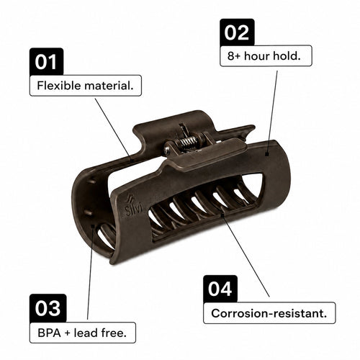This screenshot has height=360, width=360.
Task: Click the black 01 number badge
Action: coord(47,62)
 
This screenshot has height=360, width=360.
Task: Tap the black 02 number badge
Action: coord(237,32)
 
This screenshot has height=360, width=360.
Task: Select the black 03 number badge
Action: coord(48,308)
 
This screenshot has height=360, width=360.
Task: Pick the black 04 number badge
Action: coord(220,289)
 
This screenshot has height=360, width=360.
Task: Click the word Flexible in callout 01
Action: coord(59,86)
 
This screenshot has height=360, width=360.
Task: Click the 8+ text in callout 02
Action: coord(234,56)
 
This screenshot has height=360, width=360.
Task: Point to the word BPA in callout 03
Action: coord(49,333)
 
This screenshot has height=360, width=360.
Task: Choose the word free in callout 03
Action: coord(114,333)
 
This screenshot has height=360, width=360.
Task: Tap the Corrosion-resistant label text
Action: coord(269,313)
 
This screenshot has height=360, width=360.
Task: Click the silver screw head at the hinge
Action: coord(167,150)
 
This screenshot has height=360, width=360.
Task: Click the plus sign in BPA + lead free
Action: coord(68,333)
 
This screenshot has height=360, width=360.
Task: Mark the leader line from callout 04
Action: coord(246,255)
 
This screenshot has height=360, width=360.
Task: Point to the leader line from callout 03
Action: coord(90,272)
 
